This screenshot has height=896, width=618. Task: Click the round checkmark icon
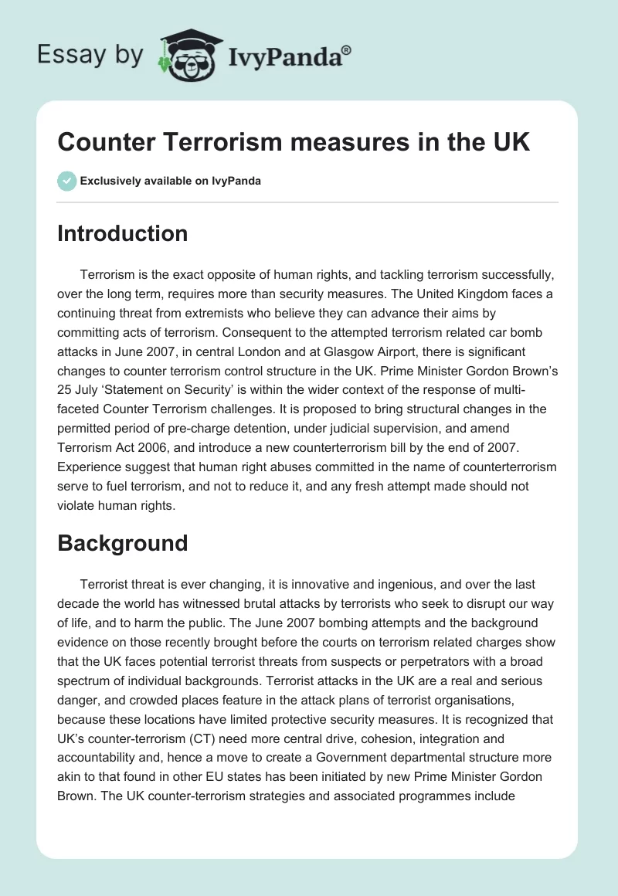tap(66, 181)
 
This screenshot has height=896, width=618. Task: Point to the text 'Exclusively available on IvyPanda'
tap(171, 182)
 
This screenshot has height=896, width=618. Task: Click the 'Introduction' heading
tap(122, 233)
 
